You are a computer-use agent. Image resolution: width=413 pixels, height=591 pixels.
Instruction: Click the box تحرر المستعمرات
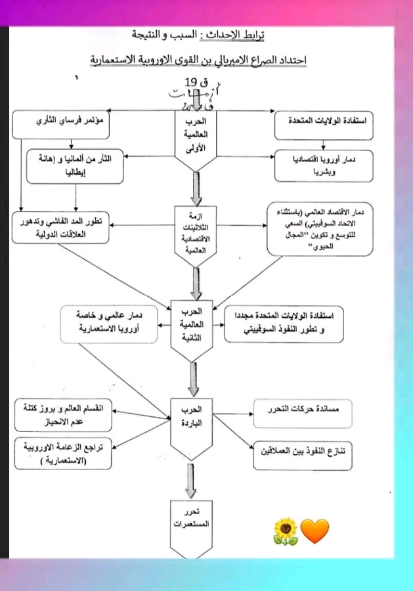[194, 519]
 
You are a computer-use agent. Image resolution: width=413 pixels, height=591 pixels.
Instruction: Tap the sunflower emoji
[286, 531]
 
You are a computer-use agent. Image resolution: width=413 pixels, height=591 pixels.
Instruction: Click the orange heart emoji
[315, 531]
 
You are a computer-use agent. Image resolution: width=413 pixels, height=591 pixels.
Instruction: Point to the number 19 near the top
[190, 83]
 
